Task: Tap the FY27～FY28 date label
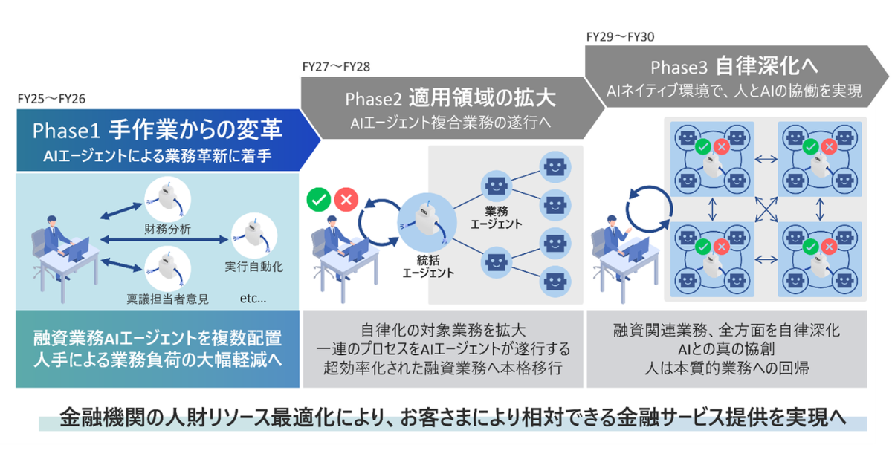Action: point(337,66)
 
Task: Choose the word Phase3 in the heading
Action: point(678,68)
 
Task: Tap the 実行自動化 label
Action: point(254,265)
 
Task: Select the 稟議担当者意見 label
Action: point(167,299)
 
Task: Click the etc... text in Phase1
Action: point(254,299)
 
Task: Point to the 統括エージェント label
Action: point(427,267)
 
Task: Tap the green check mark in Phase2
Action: point(319,199)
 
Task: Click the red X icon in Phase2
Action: point(346,199)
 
